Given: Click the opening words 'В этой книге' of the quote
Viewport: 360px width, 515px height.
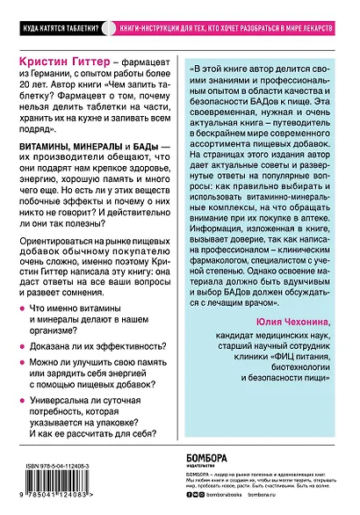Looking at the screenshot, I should [x=230, y=69].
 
